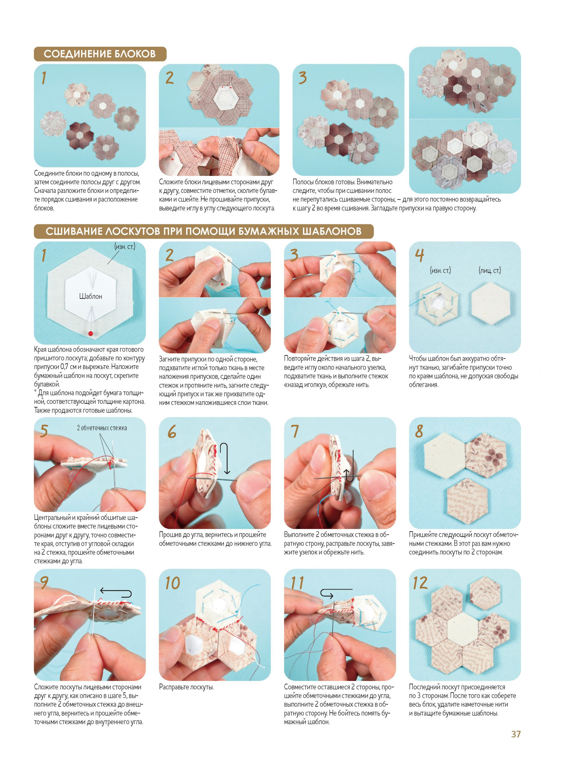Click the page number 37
(516, 734)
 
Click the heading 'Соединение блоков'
(100, 54)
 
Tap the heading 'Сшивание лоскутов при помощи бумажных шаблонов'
(204, 231)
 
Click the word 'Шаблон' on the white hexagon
(90, 296)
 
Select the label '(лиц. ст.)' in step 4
(490, 271)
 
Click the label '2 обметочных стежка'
(102, 428)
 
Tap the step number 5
(44, 431)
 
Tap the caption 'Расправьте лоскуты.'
(186, 687)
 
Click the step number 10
(172, 583)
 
